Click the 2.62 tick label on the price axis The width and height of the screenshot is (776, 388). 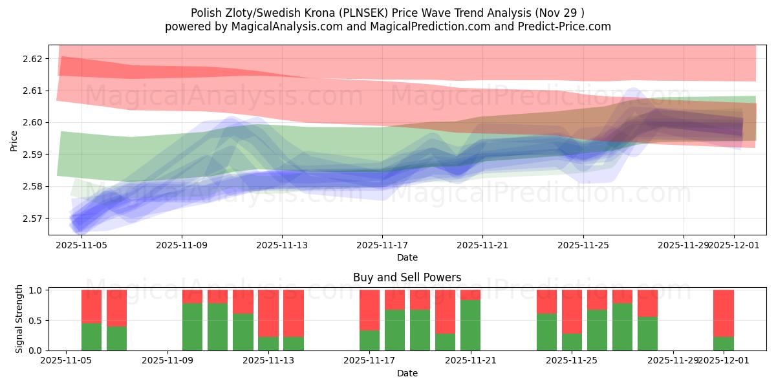tap(32, 59)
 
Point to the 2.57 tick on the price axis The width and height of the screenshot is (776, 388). tap(32, 219)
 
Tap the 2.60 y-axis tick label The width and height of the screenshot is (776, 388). tap(32, 123)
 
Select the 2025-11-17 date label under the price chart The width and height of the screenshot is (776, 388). tap(382, 246)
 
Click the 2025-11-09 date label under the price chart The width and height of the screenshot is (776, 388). tap(182, 246)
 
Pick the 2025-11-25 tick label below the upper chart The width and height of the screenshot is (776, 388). tap(583, 246)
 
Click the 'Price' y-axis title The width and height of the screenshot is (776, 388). tap(14, 140)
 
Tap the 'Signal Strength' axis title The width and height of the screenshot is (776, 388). tap(19, 319)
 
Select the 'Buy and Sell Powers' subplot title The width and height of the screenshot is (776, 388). tap(407, 277)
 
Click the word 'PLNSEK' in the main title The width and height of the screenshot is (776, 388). tap(378, 13)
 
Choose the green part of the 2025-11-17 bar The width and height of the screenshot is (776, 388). tap(369, 340)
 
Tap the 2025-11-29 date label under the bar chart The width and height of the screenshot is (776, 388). tap(673, 360)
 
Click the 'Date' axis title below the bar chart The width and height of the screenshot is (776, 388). tap(407, 373)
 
